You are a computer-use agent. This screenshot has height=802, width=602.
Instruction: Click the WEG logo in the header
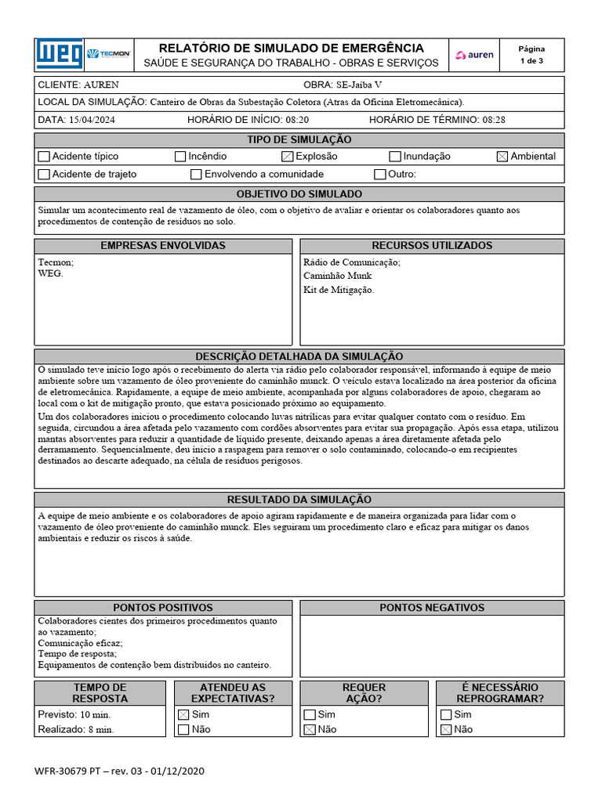point(59,54)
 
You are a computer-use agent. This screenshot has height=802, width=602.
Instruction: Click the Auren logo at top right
point(476,55)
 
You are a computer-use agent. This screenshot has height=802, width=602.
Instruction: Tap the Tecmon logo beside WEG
point(108,54)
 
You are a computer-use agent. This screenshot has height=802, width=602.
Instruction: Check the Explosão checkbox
point(288,157)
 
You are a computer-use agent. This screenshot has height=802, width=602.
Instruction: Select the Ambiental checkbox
point(502,157)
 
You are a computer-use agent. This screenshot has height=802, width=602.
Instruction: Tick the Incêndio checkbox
point(180,157)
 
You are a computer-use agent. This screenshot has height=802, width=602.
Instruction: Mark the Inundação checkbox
point(395,157)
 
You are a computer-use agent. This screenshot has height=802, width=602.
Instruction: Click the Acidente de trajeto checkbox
point(44,174)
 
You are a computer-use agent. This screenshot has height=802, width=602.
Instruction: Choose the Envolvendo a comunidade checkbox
point(196,174)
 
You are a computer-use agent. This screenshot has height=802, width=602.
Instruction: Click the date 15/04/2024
point(92,120)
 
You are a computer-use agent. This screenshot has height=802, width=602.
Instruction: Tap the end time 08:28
point(494,120)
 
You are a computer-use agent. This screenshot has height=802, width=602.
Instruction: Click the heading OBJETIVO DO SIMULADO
point(299,193)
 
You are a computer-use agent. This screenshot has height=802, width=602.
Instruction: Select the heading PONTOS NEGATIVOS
point(432,608)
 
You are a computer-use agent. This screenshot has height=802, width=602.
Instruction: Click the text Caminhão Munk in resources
point(337,276)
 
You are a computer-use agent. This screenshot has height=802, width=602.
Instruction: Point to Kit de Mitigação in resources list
point(339,290)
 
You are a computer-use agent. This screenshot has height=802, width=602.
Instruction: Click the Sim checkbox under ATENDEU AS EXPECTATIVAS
point(183,714)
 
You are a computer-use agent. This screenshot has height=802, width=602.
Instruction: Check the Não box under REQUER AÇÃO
point(310,729)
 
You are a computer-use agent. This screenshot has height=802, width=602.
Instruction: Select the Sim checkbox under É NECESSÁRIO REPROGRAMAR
point(446,714)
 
